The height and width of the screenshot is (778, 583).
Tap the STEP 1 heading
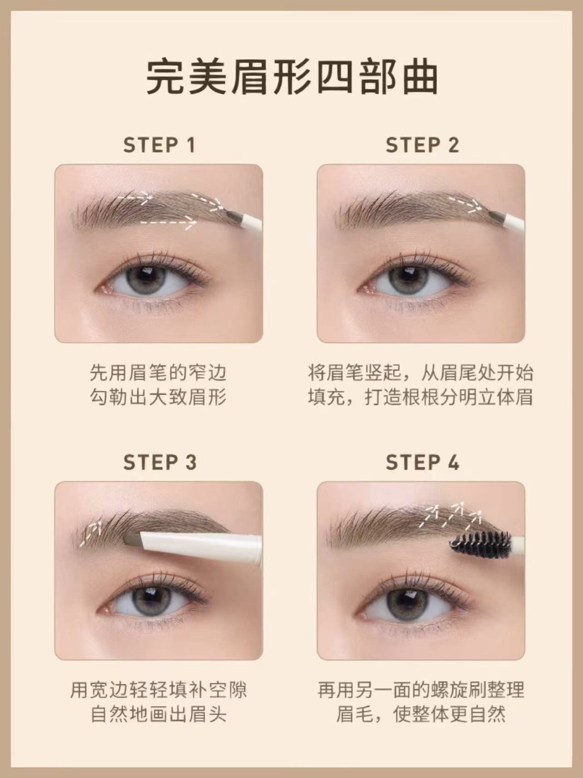pyautogui.click(x=159, y=145)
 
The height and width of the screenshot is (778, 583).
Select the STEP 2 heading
pyautogui.click(x=422, y=145)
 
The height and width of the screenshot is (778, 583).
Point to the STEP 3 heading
pyautogui.click(x=160, y=462)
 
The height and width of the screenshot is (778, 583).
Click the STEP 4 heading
pyautogui.click(x=422, y=462)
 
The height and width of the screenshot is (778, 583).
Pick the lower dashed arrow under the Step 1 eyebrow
pyautogui.click(x=168, y=222)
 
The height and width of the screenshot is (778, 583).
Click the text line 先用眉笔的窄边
pyautogui.click(x=158, y=373)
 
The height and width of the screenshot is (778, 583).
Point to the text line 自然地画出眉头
pyautogui.click(x=158, y=714)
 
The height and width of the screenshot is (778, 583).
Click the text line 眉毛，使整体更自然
pyautogui.click(x=421, y=714)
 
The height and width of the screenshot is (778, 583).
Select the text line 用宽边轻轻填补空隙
pyautogui.click(x=158, y=690)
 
